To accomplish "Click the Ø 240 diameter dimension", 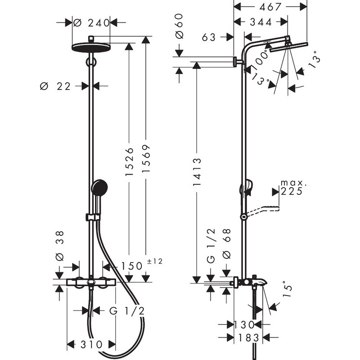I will (92, 22).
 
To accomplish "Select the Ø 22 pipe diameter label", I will (56, 86).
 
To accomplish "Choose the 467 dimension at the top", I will (267, 7).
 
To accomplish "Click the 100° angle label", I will (261, 58).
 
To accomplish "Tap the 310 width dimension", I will (92, 344).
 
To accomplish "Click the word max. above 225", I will (293, 183).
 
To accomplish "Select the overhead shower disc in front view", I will (91, 47).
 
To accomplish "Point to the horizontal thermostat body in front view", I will (91, 282).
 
